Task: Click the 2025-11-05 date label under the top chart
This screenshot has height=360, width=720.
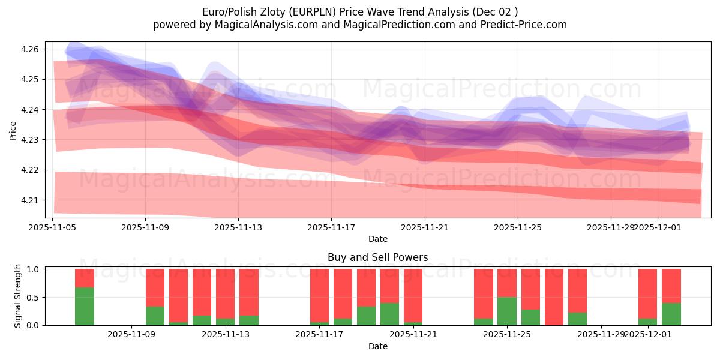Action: click(x=53, y=227)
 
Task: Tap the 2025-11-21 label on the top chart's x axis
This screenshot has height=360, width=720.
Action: click(x=425, y=227)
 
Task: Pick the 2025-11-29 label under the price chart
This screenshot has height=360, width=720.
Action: click(x=611, y=227)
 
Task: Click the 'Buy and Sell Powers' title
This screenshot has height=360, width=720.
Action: click(x=377, y=257)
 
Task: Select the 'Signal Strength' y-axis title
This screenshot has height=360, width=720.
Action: click(x=18, y=296)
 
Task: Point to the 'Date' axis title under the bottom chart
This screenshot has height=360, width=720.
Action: click(x=377, y=346)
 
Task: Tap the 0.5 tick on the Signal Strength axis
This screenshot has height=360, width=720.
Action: click(x=34, y=297)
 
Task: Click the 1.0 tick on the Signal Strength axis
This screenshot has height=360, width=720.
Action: click(x=34, y=269)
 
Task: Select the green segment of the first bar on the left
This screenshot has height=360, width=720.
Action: click(x=85, y=306)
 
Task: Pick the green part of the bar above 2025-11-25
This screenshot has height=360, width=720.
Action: click(x=507, y=311)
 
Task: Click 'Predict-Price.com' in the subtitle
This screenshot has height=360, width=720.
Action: click(x=525, y=25)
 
